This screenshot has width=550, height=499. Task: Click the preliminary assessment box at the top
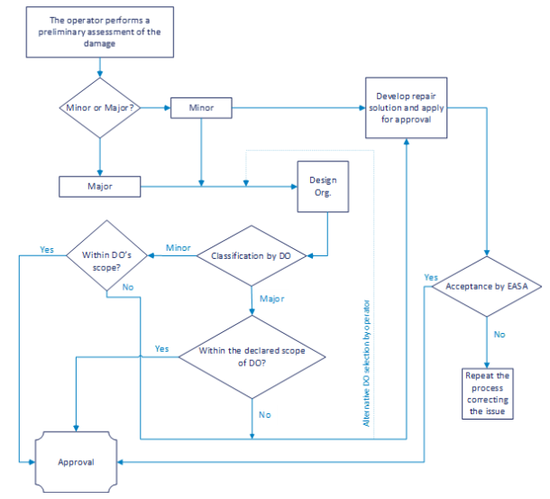click(x=101, y=31)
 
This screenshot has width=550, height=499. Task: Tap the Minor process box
click(x=200, y=107)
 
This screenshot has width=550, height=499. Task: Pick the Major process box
click(x=99, y=187)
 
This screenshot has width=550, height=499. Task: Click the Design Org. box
click(x=323, y=187)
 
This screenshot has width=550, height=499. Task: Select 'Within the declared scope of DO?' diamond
click(x=252, y=356)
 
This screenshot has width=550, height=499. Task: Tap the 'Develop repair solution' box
click(x=407, y=107)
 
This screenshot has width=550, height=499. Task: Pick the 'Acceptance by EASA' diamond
click(x=486, y=287)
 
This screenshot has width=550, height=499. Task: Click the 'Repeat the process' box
click(x=487, y=393)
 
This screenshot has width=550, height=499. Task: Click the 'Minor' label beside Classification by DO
click(x=178, y=247)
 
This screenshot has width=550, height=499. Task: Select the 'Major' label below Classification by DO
click(x=271, y=299)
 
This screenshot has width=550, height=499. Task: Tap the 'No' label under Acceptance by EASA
click(x=499, y=334)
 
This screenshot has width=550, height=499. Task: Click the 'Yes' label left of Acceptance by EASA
click(x=430, y=277)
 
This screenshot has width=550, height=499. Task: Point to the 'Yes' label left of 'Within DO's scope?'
click(x=47, y=248)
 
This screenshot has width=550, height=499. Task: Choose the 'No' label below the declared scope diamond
click(x=264, y=414)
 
